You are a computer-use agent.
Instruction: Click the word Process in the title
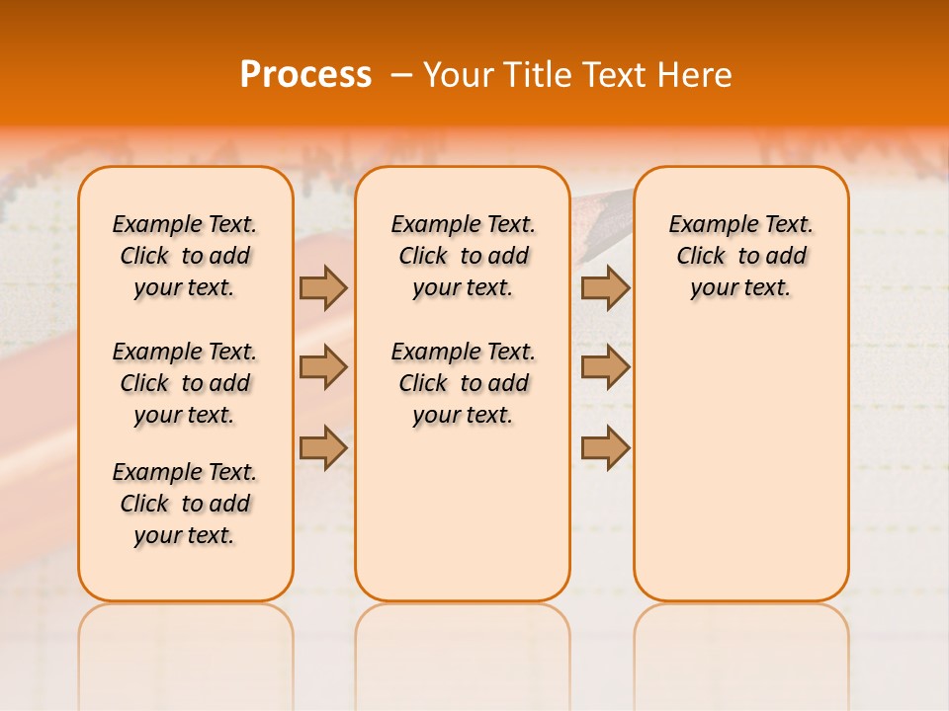[305, 75]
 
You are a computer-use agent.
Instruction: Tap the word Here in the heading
[694, 75]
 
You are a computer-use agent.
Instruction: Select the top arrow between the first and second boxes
[323, 287]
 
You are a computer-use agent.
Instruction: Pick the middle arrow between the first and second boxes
[323, 367]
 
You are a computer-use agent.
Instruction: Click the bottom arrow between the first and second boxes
[323, 447]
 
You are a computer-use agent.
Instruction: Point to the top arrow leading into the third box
[605, 287]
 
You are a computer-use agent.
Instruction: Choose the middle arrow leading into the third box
[605, 367]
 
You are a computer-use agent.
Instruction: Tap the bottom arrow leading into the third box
[605, 447]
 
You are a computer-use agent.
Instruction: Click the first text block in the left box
[185, 256]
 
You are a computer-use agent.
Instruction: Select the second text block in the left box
[185, 383]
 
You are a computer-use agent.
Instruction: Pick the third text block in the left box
[185, 504]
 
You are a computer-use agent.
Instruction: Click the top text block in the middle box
[463, 256]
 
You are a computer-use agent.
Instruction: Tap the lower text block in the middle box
[463, 383]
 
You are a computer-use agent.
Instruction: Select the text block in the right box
[741, 256]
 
